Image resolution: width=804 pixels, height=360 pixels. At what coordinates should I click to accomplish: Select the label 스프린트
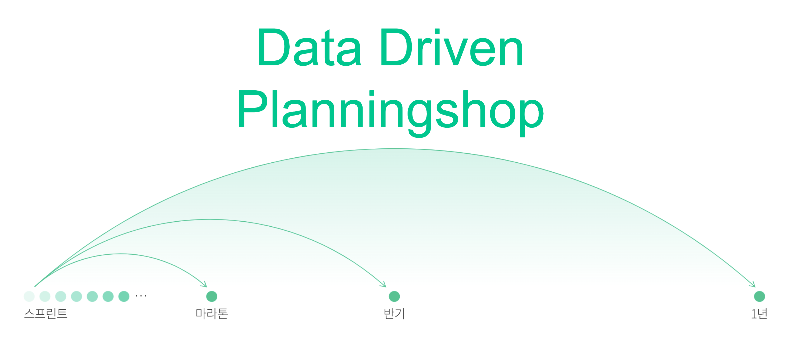pos(46,313)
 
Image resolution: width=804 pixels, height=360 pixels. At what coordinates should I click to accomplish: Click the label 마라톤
pos(212,313)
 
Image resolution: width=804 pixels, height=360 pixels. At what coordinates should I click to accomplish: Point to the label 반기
pos(394,313)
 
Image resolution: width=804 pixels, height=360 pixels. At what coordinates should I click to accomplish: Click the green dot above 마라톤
pos(212,296)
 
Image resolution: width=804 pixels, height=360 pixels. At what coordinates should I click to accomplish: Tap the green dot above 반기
pos(394,296)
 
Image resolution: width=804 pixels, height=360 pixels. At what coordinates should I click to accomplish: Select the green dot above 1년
pos(759,296)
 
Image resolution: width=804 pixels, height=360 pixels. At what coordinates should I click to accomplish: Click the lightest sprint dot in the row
pos(29,296)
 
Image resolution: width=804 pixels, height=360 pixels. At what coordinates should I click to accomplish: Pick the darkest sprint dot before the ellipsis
pos(124,296)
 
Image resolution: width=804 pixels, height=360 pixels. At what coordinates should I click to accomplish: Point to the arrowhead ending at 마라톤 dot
pos(204,284)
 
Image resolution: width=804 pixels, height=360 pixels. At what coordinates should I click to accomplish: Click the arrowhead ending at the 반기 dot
pos(383,284)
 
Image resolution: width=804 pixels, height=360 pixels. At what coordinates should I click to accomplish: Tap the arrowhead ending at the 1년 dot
pos(752,284)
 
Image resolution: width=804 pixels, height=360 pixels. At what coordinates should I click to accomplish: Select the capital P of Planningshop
pos(253,109)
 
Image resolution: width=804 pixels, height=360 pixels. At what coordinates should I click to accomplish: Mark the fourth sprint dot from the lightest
pos(77,296)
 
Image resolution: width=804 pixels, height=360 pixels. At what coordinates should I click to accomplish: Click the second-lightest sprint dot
pos(45,296)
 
